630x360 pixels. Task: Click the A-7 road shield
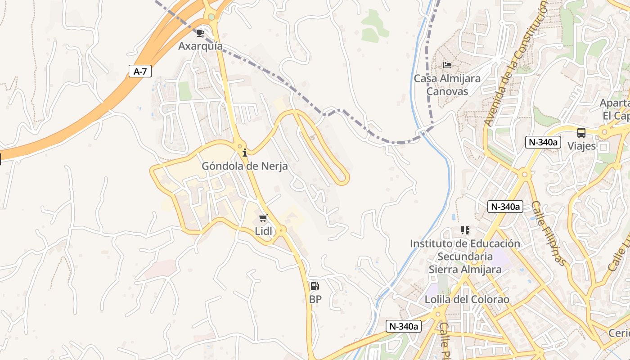(x=140, y=71)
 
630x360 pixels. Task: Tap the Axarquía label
(x=200, y=46)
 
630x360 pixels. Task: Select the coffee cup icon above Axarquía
(x=200, y=33)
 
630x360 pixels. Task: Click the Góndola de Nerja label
(x=244, y=166)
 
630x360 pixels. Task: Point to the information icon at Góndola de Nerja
(x=244, y=153)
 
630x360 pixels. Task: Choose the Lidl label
(x=263, y=231)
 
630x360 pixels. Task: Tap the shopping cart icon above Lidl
(x=263, y=218)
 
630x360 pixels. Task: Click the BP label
(x=315, y=299)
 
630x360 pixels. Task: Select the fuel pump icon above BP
(x=315, y=286)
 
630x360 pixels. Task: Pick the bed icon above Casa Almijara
(x=447, y=65)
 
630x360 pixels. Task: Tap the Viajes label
(x=581, y=146)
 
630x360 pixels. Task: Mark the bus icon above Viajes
(x=581, y=133)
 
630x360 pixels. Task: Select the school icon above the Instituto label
(x=465, y=230)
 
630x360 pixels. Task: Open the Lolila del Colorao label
(x=467, y=299)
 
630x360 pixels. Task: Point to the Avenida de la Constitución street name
(x=516, y=63)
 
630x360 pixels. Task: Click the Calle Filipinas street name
(x=548, y=233)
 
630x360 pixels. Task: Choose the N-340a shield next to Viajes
(x=543, y=142)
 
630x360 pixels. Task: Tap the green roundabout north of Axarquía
(x=211, y=17)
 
